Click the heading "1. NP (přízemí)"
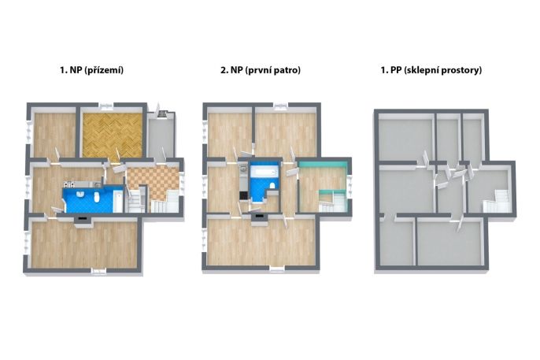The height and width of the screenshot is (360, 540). pos(91,70)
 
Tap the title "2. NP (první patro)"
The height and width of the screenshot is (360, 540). pos(261,70)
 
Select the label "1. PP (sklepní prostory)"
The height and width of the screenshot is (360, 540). pos(431,70)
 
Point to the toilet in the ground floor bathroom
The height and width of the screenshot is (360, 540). pos(97,197)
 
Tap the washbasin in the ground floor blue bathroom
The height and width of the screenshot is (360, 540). pos(81,194)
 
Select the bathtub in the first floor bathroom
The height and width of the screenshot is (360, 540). pos(264,170)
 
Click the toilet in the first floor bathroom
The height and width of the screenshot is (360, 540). pos(272,185)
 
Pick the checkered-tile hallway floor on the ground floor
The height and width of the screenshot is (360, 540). pos(154,181)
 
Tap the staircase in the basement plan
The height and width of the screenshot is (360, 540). pos(496,202)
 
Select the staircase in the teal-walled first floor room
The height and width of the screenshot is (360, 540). pos(331,203)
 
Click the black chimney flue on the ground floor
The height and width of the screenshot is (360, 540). pos(83,217)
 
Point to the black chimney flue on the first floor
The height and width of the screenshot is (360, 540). pos(259,217)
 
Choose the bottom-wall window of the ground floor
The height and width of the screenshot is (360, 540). pos(99,272)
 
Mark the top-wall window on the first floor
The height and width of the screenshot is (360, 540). pos(281,105)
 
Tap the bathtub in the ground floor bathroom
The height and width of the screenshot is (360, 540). pos(118,201)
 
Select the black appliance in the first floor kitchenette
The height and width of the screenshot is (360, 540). pos(243,195)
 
